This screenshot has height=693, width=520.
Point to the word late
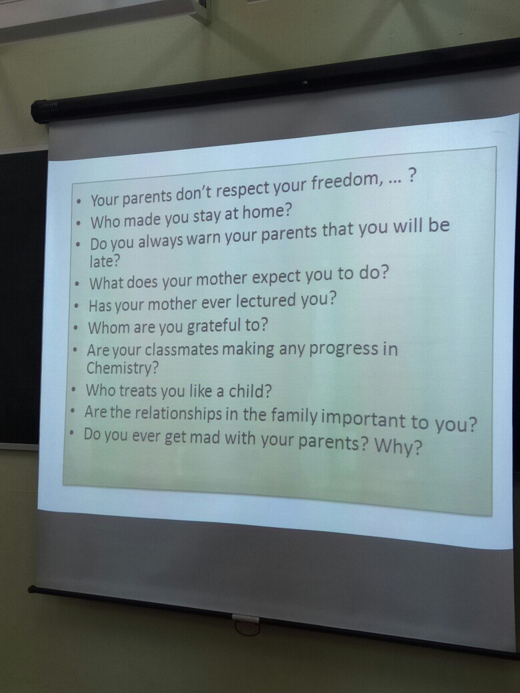pyautogui.click(x=105, y=261)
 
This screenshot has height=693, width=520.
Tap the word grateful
pyautogui.click(x=213, y=327)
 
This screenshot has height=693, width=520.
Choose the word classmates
pyautogui.click(x=182, y=349)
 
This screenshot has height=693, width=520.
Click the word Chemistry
pyautogui.click(x=122, y=368)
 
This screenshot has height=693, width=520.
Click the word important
pyautogui.click(x=363, y=419)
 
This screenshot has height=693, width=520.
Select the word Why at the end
pyautogui.click(x=398, y=446)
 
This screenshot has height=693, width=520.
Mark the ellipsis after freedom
pyautogui.click(x=393, y=181)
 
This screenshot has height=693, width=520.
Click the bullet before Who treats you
pyautogui.click(x=75, y=390)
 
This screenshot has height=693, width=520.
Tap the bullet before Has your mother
pyautogui.click(x=77, y=305)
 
